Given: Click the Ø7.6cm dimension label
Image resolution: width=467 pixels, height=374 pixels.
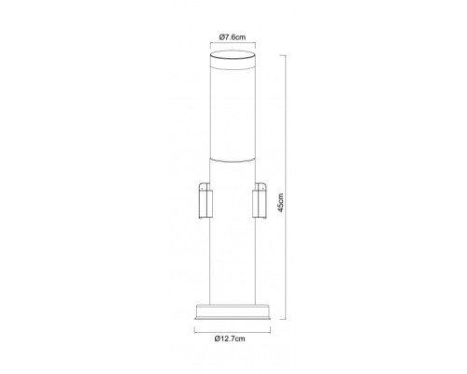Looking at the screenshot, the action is [233, 37].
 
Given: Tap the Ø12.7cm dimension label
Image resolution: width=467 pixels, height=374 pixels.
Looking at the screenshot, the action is [230, 338].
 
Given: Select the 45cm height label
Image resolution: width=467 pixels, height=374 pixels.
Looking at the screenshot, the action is [281, 203].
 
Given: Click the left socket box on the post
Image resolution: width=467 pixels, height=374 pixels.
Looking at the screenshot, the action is [205, 200].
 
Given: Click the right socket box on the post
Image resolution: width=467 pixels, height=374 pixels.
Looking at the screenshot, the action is [260, 200].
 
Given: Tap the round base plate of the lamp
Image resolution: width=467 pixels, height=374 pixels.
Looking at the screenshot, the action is [233, 311].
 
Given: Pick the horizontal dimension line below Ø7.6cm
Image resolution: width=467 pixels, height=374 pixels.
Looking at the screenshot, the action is [233, 44].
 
